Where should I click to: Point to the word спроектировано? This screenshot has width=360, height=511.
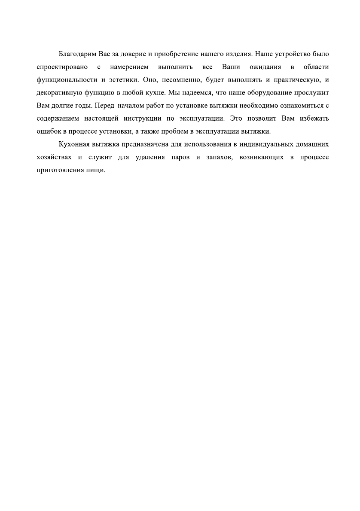tap(63, 67)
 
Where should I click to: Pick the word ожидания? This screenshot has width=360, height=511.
tap(265, 67)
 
